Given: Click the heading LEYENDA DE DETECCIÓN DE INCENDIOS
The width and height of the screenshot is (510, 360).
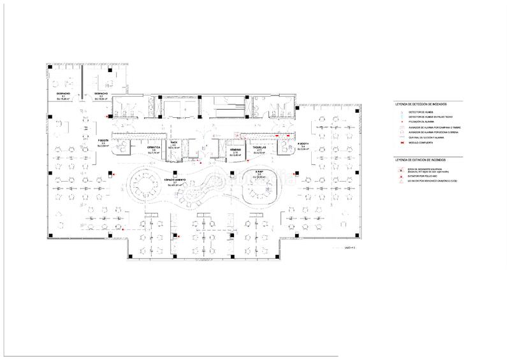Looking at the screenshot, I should pyautogui.click(x=421, y=103).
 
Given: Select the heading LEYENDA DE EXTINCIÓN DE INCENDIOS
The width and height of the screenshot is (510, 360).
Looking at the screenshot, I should pyautogui.click(x=421, y=160).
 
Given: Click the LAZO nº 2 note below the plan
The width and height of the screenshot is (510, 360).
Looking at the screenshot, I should pyautogui.click(x=349, y=246).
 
